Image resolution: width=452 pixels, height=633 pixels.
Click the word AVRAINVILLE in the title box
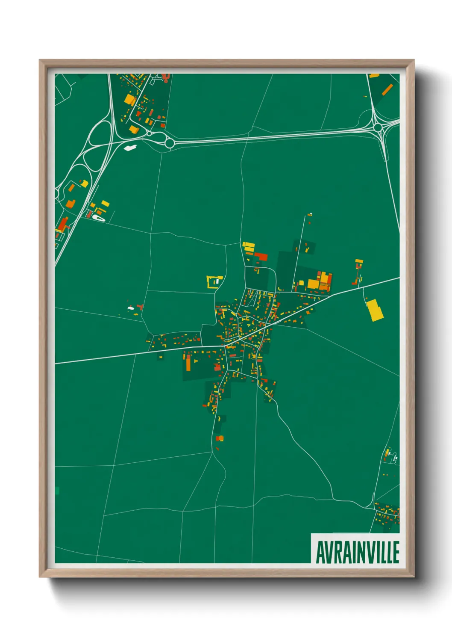click(x=357, y=552)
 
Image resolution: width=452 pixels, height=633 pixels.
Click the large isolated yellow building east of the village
click(x=375, y=310)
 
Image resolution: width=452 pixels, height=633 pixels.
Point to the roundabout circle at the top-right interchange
click(x=378, y=127)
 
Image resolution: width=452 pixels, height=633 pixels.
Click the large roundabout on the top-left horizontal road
click(x=169, y=143)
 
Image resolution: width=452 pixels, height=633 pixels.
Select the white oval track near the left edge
click(x=98, y=218)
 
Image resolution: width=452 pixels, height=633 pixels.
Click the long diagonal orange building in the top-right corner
click(x=387, y=90)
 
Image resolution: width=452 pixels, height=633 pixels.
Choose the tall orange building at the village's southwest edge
click(x=188, y=363)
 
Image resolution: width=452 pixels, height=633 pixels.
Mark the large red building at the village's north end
click(x=261, y=256)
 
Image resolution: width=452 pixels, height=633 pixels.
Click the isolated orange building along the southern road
click(x=220, y=438)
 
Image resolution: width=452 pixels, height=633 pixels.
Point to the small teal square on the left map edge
click(x=57, y=491)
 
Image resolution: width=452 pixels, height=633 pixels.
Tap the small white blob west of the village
click(x=131, y=308)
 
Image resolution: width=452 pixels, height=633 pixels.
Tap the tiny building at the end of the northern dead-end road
click(x=310, y=214)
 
